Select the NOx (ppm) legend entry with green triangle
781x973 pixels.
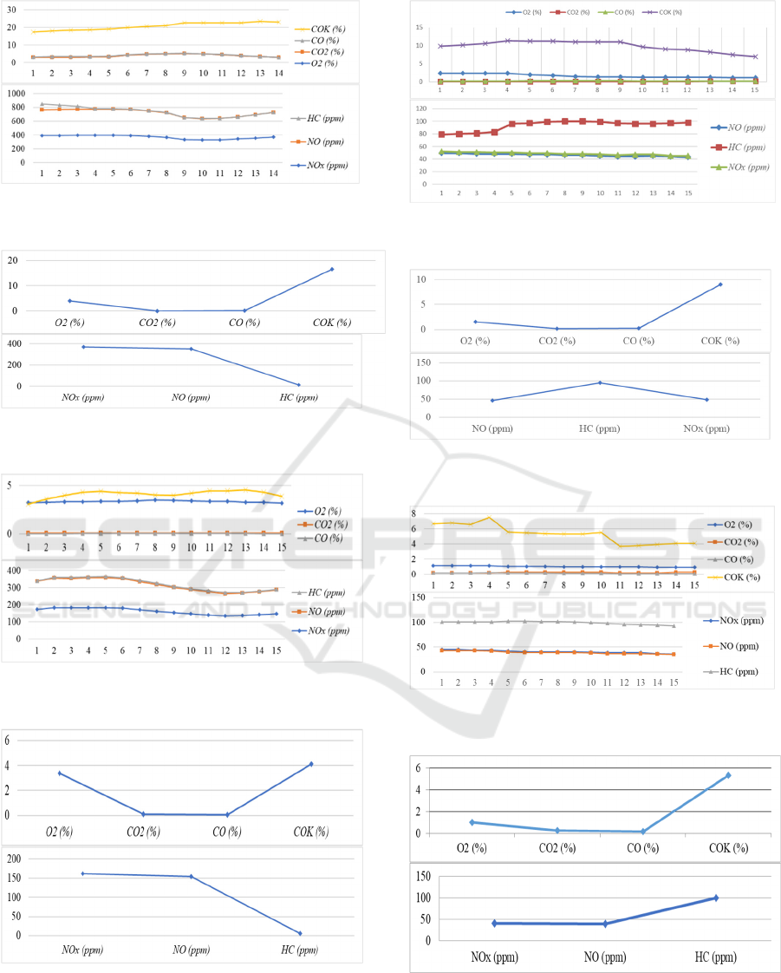(x=692, y=166)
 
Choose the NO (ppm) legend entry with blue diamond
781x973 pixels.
(x=692, y=127)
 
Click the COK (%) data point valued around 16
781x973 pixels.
(x=331, y=269)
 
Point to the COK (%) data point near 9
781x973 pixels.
(x=719, y=284)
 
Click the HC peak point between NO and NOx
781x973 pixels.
(x=600, y=382)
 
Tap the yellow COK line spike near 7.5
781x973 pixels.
(x=490, y=518)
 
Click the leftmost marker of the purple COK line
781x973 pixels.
(x=440, y=46)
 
